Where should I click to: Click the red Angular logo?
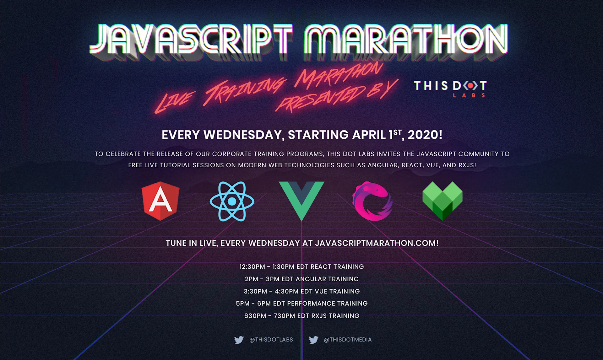pyautogui.click(x=160, y=201)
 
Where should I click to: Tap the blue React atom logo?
pyautogui.click(x=232, y=201)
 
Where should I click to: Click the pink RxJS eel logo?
pyautogui.click(x=372, y=201)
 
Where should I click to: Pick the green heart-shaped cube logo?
pyautogui.click(x=443, y=201)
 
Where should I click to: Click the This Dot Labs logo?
pyautogui.click(x=450, y=89)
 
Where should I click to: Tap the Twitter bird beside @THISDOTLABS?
pyautogui.click(x=239, y=340)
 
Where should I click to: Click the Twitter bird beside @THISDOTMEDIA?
pyautogui.click(x=313, y=340)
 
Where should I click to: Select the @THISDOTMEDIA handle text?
pyautogui.click(x=348, y=340)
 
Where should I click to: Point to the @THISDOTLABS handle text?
pyautogui.click(x=271, y=340)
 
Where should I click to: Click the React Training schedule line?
pyautogui.click(x=301, y=267)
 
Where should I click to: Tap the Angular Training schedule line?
pyautogui.click(x=301, y=279)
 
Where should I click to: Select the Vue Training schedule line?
pyautogui.click(x=301, y=291)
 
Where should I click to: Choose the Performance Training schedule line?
pyautogui.click(x=301, y=304)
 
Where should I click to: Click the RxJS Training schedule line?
pyautogui.click(x=301, y=316)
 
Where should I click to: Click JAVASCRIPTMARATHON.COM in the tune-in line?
pyautogui.click(x=377, y=243)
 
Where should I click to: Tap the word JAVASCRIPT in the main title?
pyautogui.click(x=192, y=39)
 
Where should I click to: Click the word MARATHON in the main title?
pyautogui.click(x=405, y=39)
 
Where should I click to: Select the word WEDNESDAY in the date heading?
pyautogui.click(x=244, y=135)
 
